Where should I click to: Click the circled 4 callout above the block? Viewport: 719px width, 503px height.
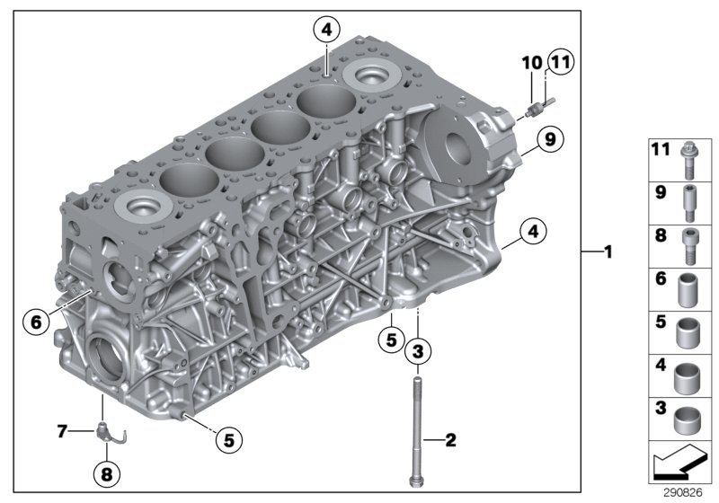[326, 31]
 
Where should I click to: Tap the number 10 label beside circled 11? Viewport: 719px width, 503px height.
[531, 62]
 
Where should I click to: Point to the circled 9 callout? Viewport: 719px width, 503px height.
[549, 138]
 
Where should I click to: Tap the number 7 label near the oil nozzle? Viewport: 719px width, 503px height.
[62, 432]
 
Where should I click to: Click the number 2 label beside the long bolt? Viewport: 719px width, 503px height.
[450, 439]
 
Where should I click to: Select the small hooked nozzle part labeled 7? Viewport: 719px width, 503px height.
[108, 433]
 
